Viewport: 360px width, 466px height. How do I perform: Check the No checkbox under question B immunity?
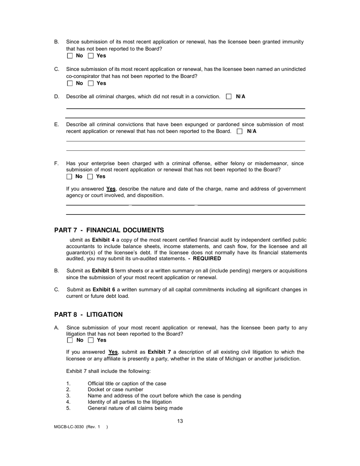tap(70, 56)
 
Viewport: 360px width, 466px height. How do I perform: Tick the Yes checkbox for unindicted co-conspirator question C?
tap(91, 83)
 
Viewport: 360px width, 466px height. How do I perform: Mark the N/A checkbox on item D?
tap(229, 97)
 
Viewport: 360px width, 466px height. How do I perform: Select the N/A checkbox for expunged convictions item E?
tap(239, 131)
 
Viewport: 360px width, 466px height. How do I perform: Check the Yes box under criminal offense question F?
tap(90, 177)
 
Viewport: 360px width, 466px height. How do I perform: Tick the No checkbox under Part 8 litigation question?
tap(70, 340)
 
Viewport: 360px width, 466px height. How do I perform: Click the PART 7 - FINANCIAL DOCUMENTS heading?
tap(109, 230)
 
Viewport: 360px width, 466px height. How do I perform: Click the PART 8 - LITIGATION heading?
tap(88, 314)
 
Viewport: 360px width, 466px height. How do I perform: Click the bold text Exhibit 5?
tap(103, 271)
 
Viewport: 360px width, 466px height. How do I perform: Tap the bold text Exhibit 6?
tap(104, 290)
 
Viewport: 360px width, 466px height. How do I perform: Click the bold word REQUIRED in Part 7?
tap(207, 259)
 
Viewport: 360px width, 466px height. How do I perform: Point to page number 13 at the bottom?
tap(180, 421)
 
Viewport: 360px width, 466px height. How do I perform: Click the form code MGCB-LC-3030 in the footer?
tap(69, 427)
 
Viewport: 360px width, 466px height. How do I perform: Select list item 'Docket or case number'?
tap(116, 389)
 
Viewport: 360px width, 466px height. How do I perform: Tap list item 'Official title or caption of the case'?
tap(127, 383)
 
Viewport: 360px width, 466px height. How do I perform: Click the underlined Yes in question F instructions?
tap(111, 189)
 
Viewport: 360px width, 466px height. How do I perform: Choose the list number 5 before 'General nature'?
tap(68, 408)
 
